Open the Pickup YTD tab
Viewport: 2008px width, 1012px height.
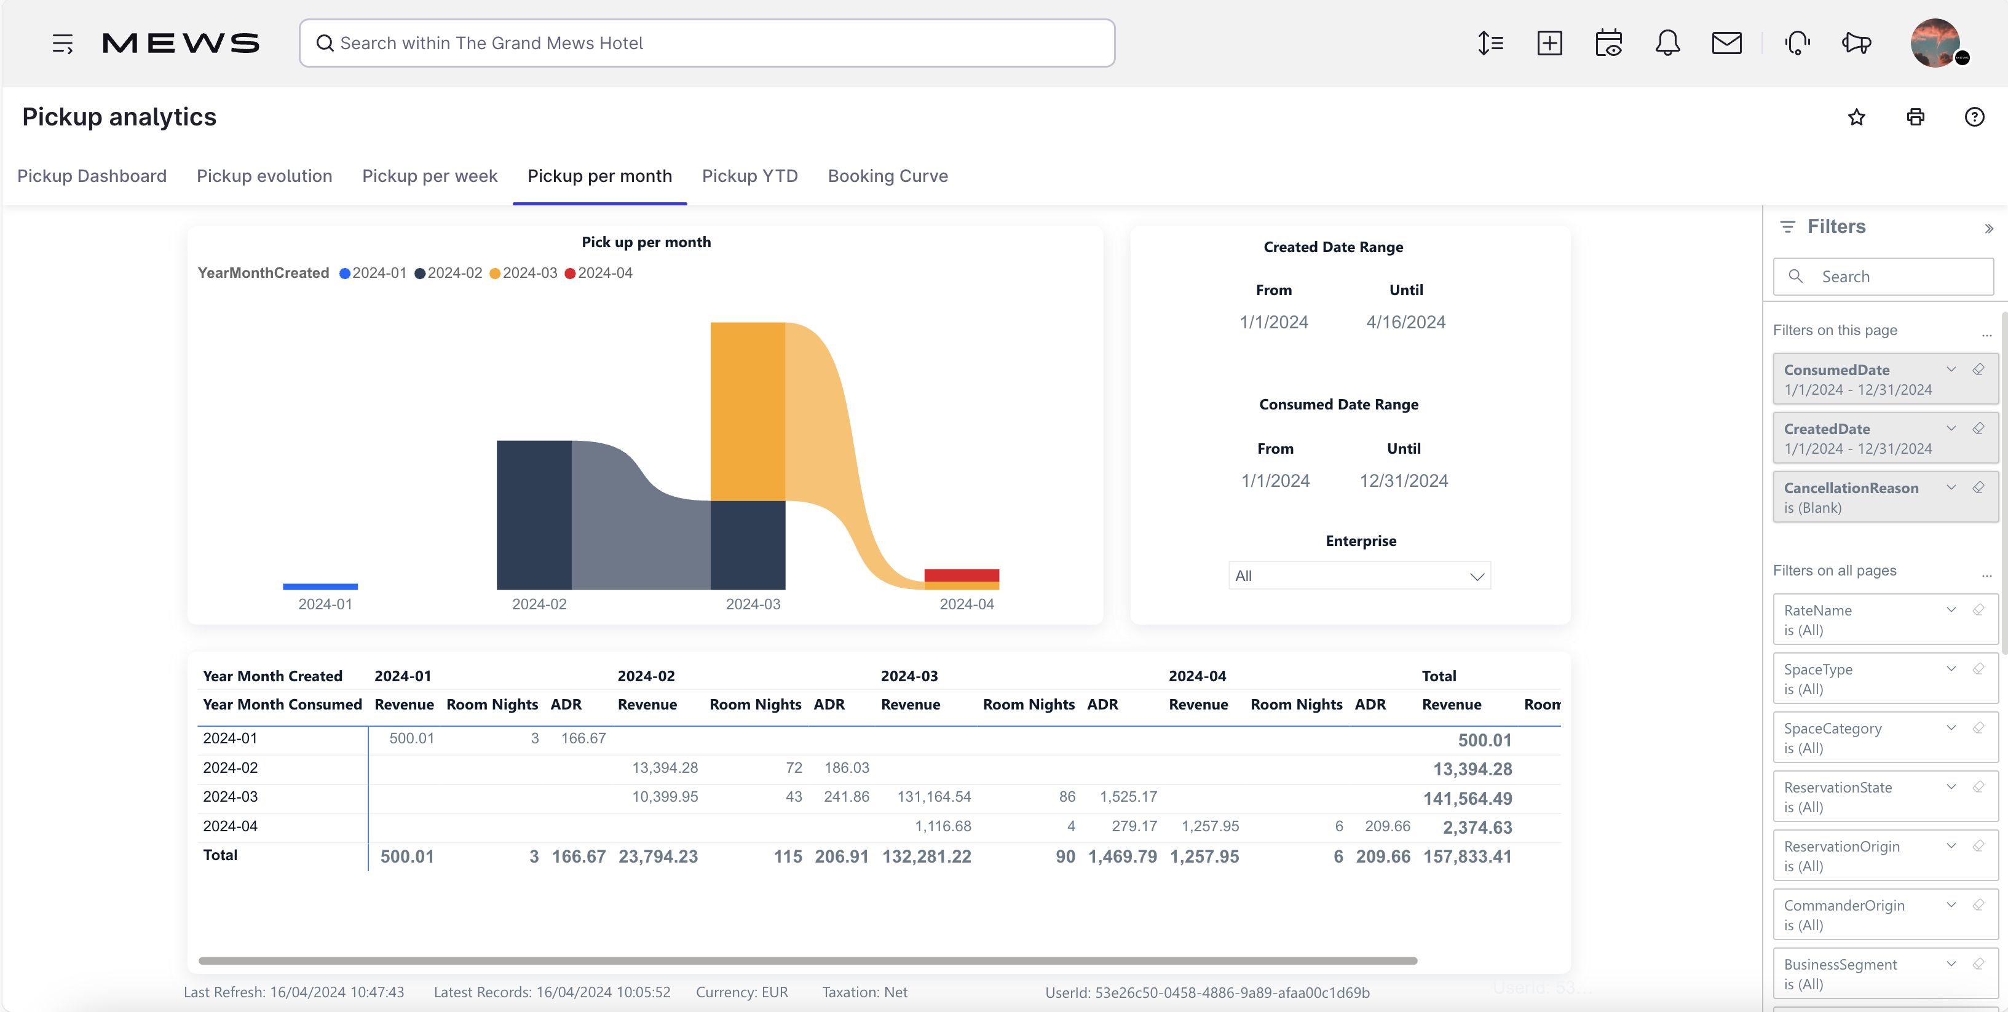coord(749,176)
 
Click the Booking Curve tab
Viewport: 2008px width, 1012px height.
coord(887,176)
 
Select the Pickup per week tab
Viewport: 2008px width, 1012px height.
coord(430,176)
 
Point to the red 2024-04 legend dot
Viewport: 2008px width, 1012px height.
coord(570,274)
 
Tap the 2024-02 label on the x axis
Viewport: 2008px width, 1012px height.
coord(539,604)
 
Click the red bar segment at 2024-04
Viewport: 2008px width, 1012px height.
coord(961,575)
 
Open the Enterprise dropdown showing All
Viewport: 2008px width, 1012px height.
coord(1359,576)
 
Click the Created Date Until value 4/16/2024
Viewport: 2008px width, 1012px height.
coord(1405,322)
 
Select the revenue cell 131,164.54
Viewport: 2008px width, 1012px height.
coord(933,797)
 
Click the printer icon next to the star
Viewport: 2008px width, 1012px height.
coord(1915,117)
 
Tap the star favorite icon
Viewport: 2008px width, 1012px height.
coord(1856,117)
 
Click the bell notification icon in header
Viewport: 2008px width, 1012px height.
coord(1667,43)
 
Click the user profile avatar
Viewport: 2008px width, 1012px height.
coord(1935,43)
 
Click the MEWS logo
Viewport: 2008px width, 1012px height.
coord(181,43)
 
